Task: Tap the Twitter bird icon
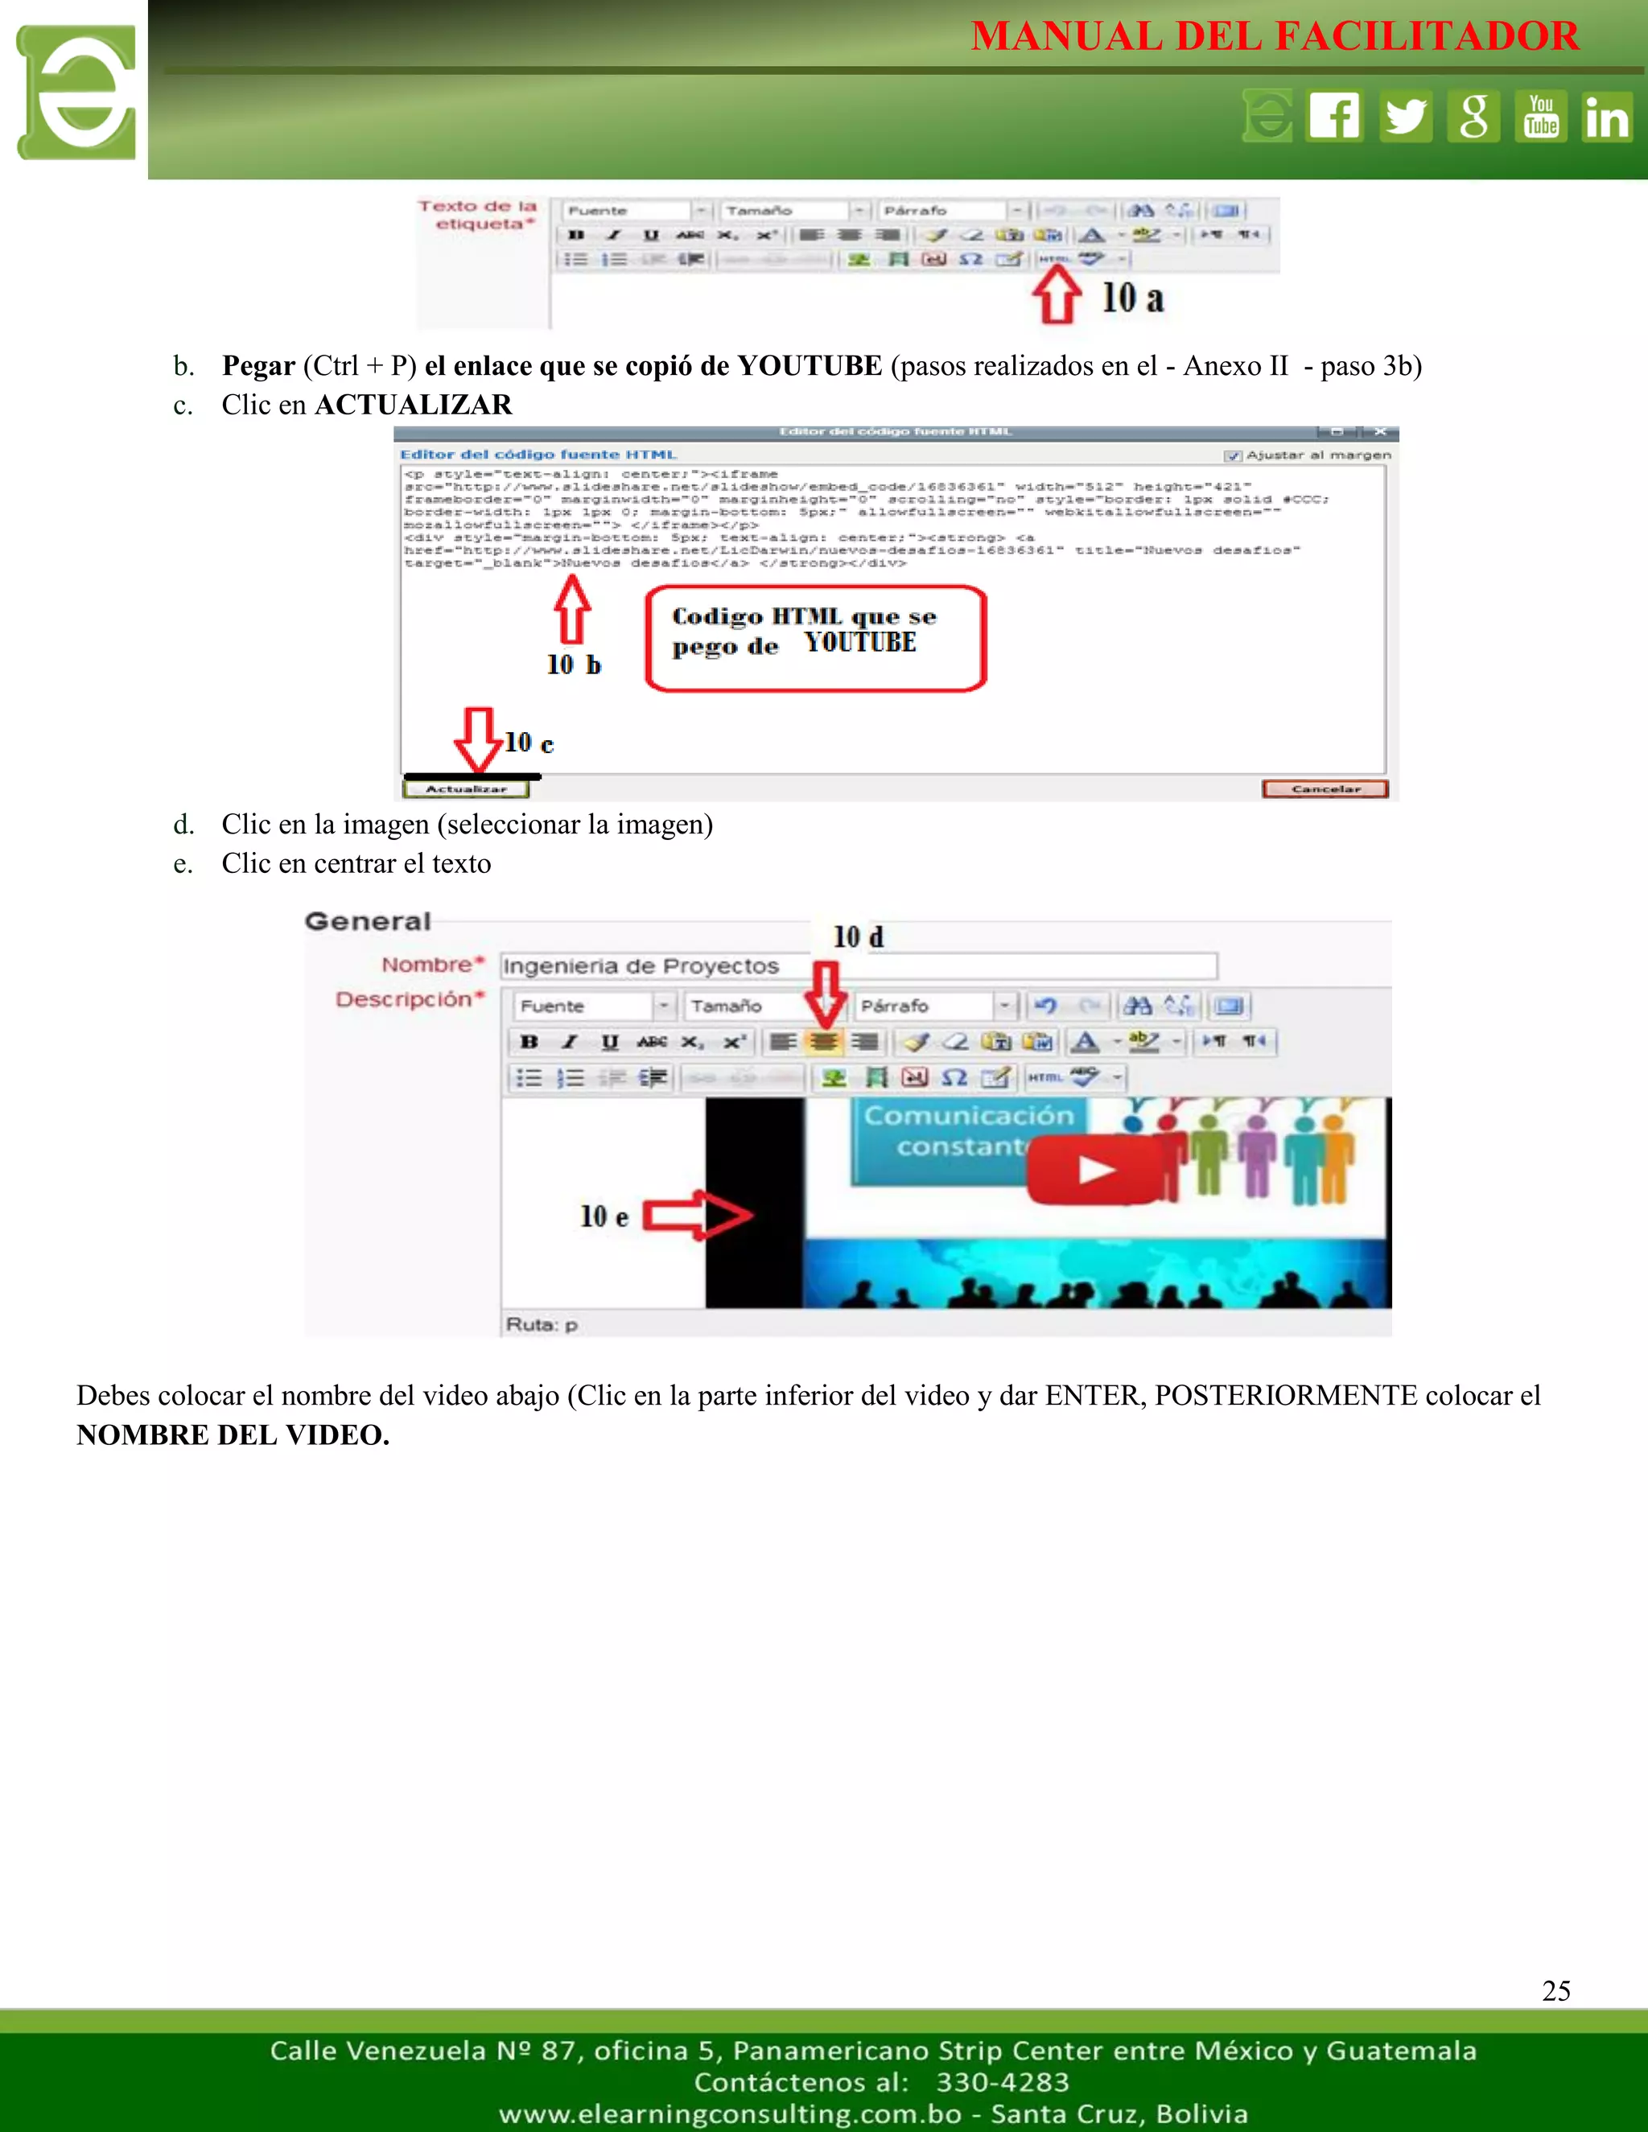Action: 1405,116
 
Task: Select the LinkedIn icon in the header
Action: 1606,116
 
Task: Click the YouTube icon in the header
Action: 1541,116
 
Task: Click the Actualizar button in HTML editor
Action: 466,788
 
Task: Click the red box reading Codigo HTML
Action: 815,639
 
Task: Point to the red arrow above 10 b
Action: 572,608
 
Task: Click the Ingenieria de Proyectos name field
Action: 857,966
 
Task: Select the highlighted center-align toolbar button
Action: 824,1042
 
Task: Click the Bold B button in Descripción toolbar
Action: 529,1042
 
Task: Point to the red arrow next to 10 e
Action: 696,1216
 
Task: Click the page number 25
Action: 1555,1991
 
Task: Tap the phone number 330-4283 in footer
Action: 1002,2082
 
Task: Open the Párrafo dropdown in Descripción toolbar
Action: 1003,1006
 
